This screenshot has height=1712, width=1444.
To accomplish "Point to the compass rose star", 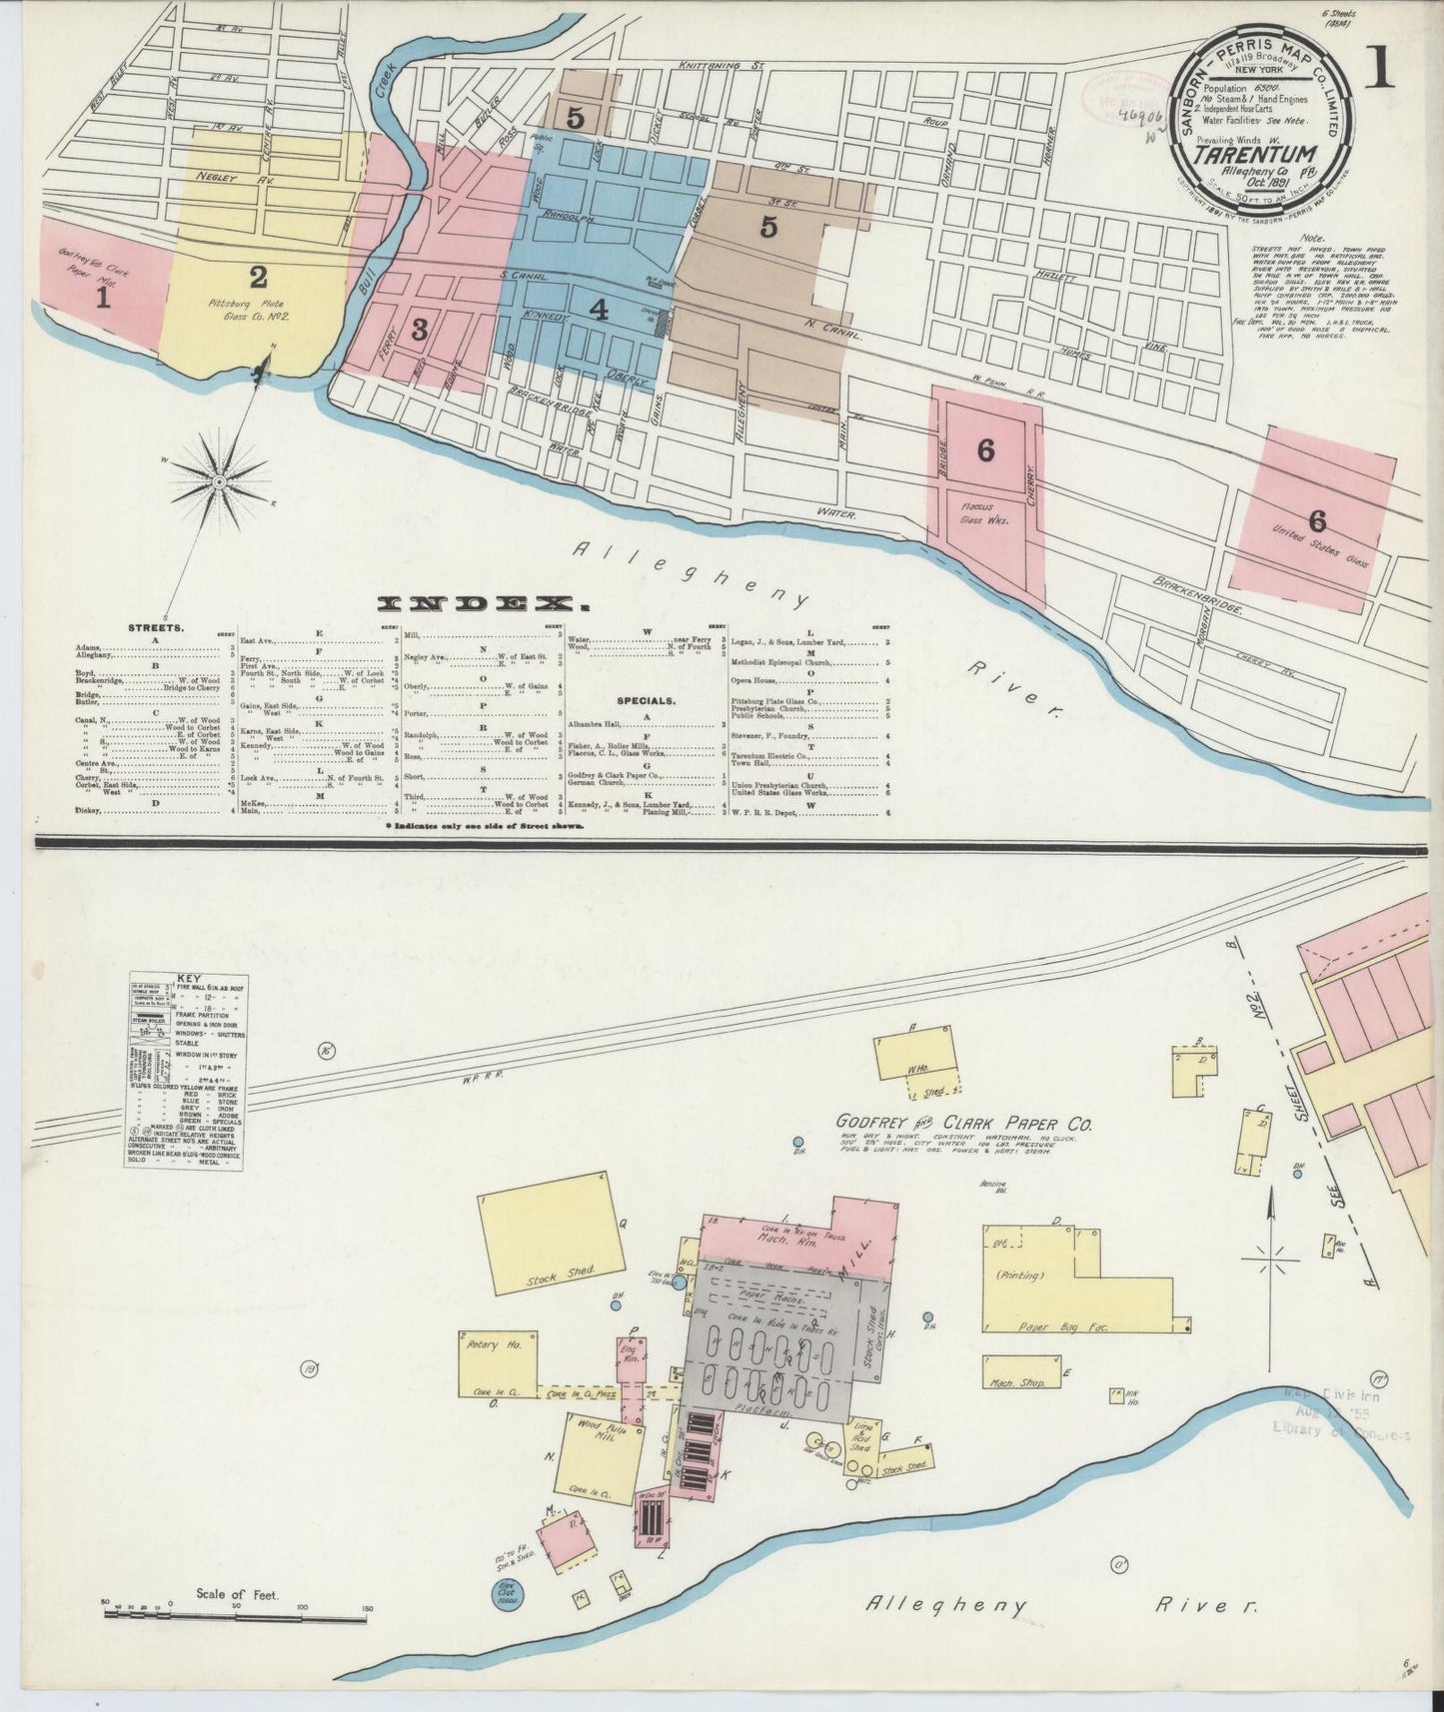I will click(218, 482).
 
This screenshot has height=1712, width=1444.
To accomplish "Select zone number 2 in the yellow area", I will click(259, 276).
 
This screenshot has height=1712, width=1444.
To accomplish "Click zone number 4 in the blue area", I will click(598, 310).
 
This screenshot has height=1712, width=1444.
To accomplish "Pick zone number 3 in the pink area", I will click(420, 329).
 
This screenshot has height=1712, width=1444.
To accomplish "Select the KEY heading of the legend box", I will click(189, 979).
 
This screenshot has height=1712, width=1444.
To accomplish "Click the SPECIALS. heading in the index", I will click(647, 701).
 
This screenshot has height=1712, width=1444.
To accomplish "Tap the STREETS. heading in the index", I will click(155, 629).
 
